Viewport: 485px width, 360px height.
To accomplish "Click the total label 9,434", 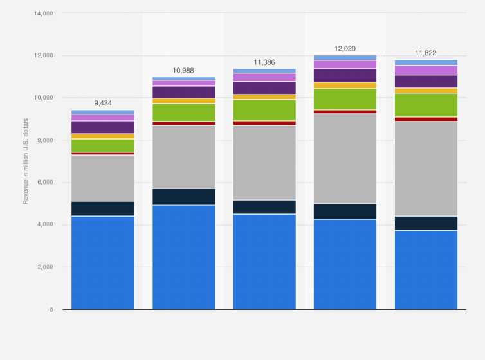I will (103, 102).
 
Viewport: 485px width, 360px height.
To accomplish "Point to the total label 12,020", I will (345, 48).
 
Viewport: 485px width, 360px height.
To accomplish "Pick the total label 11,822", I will (426, 52).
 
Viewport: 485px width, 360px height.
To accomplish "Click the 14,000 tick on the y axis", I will (42, 13).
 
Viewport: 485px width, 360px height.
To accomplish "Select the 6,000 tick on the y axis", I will (44, 183).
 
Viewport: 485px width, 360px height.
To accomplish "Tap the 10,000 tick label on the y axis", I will (42, 98).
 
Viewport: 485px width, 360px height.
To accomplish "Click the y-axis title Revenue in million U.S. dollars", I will (26, 161).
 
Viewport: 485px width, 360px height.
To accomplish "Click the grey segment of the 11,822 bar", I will (426, 168).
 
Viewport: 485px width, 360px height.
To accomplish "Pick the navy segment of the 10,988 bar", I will (183, 197).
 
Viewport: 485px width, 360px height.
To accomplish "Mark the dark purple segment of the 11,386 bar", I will (264, 87).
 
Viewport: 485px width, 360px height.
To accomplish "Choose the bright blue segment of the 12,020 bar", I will (345, 264).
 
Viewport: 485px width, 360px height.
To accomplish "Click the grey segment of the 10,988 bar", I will (183, 157).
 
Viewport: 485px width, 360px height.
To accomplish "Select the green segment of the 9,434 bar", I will (103, 145).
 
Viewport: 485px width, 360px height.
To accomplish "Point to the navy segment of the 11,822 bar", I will (426, 223).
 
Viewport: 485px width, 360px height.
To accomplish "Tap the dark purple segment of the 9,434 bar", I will (103, 127).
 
